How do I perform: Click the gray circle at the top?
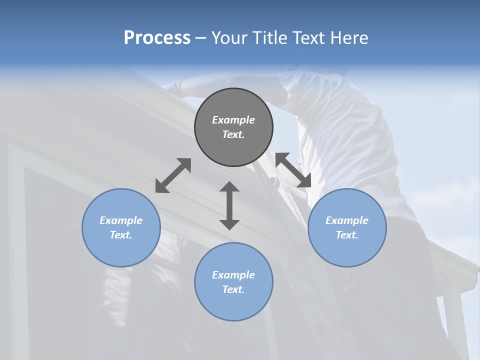[233, 127]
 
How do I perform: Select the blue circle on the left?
[121, 227]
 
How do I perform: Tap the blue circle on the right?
[347, 227]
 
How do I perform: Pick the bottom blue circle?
[233, 282]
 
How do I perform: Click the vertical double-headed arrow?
[229, 205]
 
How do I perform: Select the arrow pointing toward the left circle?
[173, 175]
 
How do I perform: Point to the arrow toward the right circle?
[293, 170]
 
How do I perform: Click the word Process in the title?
[157, 38]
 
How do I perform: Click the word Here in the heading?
[349, 38]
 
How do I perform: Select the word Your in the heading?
[228, 38]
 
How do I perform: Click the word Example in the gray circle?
[233, 120]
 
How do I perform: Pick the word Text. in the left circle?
[121, 235]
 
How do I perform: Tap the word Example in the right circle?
[347, 220]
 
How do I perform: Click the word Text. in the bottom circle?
[233, 289]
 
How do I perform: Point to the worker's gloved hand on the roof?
[172, 85]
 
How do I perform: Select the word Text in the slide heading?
[309, 38]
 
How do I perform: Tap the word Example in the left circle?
[121, 220]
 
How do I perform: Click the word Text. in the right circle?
[347, 235]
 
